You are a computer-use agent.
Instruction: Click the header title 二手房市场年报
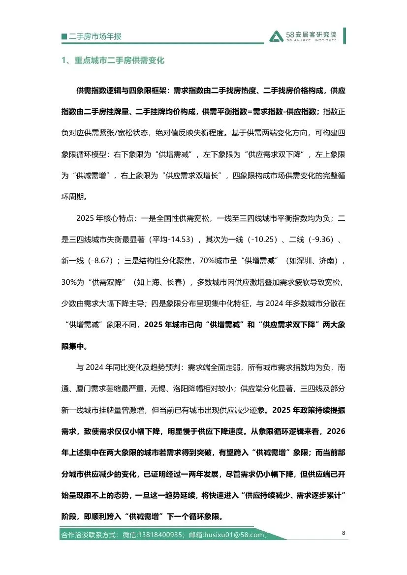(95, 37)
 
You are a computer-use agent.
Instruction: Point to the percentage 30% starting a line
(69, 283)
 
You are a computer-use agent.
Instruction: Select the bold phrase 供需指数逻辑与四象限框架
(121, 91)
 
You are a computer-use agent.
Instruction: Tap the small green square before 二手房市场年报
(64, 37)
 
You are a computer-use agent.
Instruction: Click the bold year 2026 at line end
(336, 431)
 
